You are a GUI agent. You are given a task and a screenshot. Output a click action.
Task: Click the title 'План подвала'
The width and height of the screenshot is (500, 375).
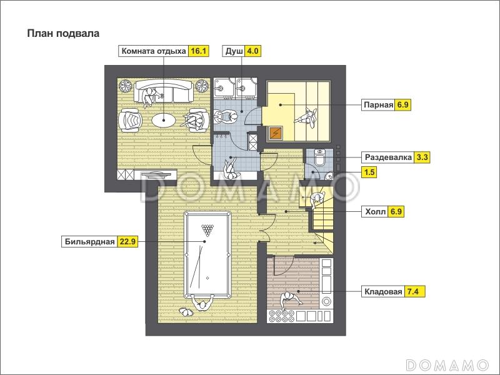click(x=63, y=34)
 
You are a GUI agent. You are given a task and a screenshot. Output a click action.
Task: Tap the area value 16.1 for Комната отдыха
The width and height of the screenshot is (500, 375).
click(x=199, y=51)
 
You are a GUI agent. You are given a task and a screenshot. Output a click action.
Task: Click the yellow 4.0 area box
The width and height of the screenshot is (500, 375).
click(x=252, y=51)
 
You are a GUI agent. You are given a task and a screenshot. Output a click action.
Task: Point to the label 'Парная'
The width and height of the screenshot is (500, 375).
click(x=379, y=104)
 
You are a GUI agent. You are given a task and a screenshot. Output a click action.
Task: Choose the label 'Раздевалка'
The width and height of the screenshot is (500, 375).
click(x=388, y=157)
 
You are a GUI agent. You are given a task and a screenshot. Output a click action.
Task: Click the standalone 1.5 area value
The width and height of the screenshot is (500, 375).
click(x=369, y=172)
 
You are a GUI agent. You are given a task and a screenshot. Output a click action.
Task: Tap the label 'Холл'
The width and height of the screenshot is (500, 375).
click(x=376, y=211)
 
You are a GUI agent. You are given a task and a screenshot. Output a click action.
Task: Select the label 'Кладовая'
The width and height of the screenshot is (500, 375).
click(x=383, y=291)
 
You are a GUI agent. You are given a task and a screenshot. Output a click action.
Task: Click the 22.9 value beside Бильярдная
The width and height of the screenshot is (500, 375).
click(x=128, y=241)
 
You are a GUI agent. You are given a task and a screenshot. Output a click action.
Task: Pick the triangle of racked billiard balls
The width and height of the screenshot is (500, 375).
click(x=207, y=230)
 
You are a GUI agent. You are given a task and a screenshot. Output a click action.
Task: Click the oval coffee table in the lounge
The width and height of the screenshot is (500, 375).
click(x=164, y=120)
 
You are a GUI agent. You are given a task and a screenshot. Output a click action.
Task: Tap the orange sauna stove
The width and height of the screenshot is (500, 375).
click(x=275, y=132)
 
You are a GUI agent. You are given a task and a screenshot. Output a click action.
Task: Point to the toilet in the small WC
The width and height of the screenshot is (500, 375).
click(x=319, y=157)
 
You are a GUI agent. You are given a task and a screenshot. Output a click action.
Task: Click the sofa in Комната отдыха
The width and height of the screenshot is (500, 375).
click(x=164, y=91)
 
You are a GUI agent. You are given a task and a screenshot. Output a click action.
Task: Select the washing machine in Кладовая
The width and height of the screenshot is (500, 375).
click(x=326, y=302)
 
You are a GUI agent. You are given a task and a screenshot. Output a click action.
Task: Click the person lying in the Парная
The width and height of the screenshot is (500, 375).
click(x=306, y=117)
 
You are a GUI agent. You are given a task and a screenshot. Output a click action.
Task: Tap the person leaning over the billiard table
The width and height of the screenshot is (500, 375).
click(x=202, y=303)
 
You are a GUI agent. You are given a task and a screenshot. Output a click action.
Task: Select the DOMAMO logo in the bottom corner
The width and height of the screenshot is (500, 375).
click(x=447, y=364)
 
